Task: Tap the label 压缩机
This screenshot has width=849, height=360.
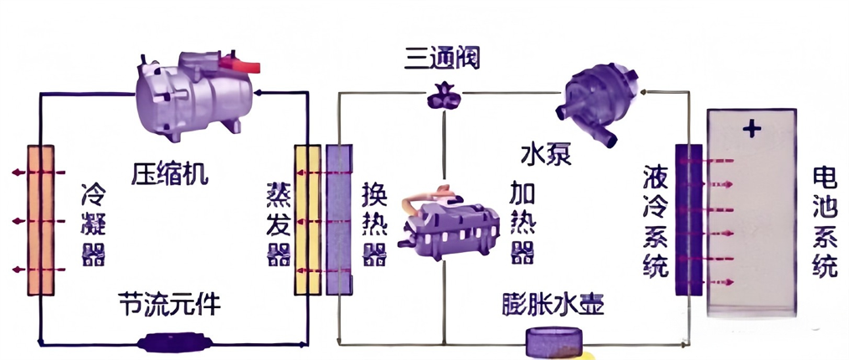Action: click(171, 174)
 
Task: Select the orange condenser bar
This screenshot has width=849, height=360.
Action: click(41, 219)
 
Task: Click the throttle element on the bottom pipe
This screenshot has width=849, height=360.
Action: click(172, 343)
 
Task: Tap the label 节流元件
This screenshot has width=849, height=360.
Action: click(171, 305)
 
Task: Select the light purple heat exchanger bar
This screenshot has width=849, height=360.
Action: click(337, 219)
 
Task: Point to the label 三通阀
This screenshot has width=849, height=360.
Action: click(443, 59)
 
